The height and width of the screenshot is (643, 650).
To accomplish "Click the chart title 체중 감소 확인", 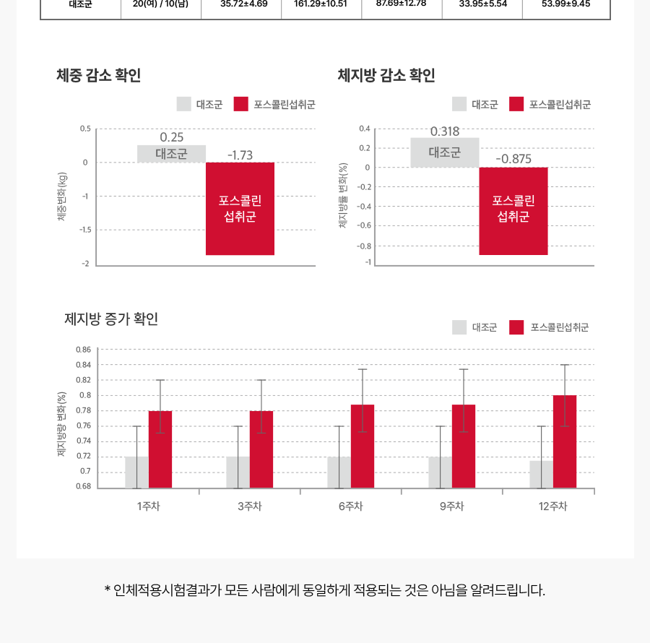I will click(98, 75).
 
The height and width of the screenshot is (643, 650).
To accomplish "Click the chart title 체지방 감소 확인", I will click(386, 75).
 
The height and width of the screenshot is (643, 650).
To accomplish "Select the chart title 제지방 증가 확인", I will click(111, 319).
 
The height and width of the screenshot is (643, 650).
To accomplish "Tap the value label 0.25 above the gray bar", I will click(172, 137).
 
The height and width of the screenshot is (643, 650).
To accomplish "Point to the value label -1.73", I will click(240, 155).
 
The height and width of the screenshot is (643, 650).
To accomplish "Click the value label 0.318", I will click(445, 131).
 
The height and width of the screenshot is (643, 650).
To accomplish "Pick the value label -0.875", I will click(513, 159).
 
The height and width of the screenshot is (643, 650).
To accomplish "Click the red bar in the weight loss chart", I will click(240, 209).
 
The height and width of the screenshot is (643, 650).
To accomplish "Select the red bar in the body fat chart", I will click(513, 211).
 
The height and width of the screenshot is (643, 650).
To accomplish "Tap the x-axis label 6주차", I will click(350, 506).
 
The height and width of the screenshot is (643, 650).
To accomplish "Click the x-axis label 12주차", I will click(553, 506).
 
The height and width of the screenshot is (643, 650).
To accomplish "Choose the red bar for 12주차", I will click(565, 441).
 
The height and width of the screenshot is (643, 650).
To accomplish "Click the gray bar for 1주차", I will click(136, 472).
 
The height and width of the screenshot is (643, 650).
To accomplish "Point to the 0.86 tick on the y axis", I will click(84, 350).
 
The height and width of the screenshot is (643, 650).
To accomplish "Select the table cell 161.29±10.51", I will click(321, 4).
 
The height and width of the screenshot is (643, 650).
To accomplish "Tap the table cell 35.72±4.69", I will click(243, 4).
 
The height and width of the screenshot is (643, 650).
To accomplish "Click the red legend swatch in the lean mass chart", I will click(516, 327).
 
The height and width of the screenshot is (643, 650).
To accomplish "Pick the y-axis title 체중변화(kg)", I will click(63, 197).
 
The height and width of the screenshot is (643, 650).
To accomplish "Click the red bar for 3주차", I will click(261, 449).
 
